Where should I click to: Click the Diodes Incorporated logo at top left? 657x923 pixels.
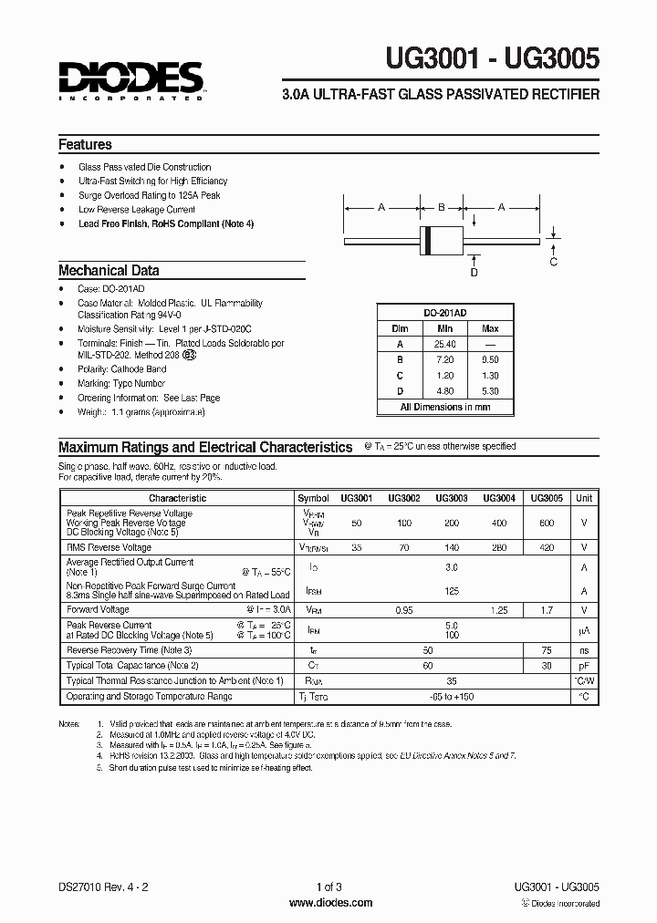pos(131,79)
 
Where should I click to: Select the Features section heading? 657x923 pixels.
pos(85,144)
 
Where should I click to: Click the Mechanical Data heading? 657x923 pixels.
pos(109,270)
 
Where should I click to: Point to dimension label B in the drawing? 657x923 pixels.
pos(442,208)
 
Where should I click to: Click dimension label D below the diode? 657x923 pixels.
pos(474,272)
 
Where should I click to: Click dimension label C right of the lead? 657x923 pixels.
pos(553,263)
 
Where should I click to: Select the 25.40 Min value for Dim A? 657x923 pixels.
pos(444,344)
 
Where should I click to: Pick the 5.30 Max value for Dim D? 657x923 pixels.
pos(490,390)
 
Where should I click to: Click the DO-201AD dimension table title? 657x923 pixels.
pos(444,312)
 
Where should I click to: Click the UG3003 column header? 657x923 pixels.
pos(452,498)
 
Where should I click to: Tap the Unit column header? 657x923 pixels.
pos(584,498)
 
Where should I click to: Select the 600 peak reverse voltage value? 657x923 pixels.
pos(546,522)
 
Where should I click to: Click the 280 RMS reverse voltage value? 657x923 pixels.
pos(498,547)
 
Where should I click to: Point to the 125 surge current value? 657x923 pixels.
pos(451,590)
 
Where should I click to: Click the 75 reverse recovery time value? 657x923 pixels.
pos(546,649)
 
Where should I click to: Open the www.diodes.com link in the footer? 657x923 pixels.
pos(329,902)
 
